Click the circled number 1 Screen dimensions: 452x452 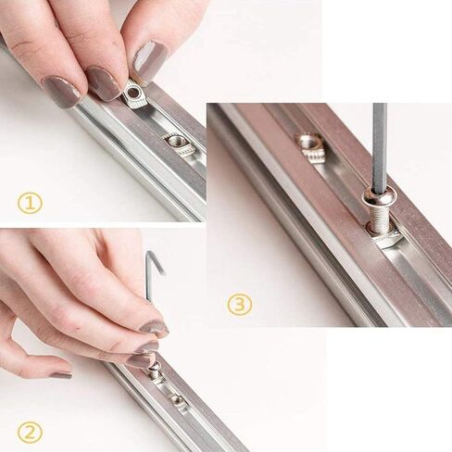(30, 203)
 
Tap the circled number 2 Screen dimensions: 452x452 (30, 433)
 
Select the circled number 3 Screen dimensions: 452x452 (240, 305)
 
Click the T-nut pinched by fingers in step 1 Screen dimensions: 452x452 (135, 94)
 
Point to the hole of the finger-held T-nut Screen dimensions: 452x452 (133, 92)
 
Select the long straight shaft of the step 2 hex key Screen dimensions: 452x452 (149, 280)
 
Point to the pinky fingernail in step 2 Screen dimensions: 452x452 (61, 375)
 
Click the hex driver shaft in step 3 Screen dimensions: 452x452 (380, 146)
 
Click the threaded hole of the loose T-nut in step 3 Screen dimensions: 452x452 (310, 141)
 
